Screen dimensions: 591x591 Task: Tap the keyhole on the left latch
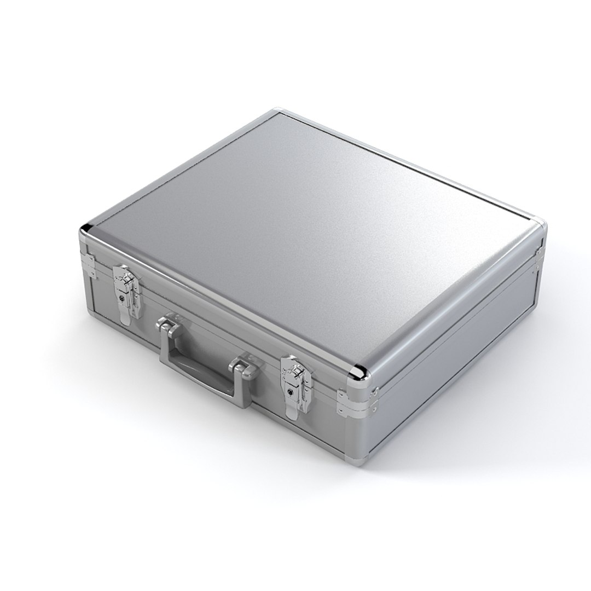click(121, 299)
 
